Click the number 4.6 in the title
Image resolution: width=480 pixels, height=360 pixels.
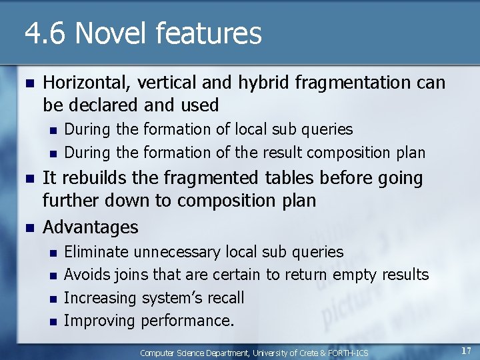(45, 33)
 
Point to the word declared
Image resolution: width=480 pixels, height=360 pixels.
(104, 105)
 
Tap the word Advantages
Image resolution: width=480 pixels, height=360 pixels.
(91, 227)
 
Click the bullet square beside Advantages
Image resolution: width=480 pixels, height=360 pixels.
(28, 227)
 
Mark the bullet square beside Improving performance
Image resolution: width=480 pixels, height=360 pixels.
(51, 321)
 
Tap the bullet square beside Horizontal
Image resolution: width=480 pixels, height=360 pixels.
(28, 83)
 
